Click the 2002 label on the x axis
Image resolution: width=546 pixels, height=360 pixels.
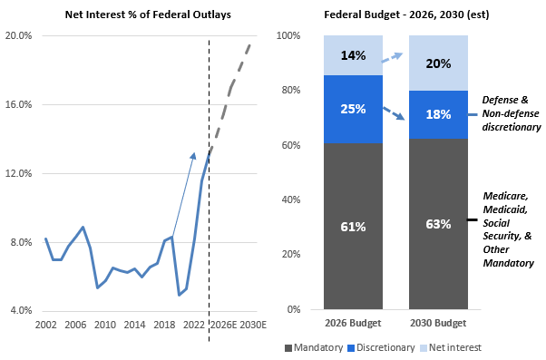[45, 325]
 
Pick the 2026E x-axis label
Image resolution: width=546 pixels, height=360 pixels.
[222, 325]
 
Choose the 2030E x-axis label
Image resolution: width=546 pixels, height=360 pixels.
[252, 325]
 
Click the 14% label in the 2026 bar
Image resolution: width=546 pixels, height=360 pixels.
[353, 55]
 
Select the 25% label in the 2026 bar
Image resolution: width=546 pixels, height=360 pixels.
[353, 109]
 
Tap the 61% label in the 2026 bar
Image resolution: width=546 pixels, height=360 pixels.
[353, 226]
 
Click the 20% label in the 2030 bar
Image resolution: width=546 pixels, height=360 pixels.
[438, 63]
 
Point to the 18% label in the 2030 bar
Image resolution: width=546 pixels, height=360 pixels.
[438, 114]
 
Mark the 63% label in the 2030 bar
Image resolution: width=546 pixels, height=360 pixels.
[438, 224]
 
